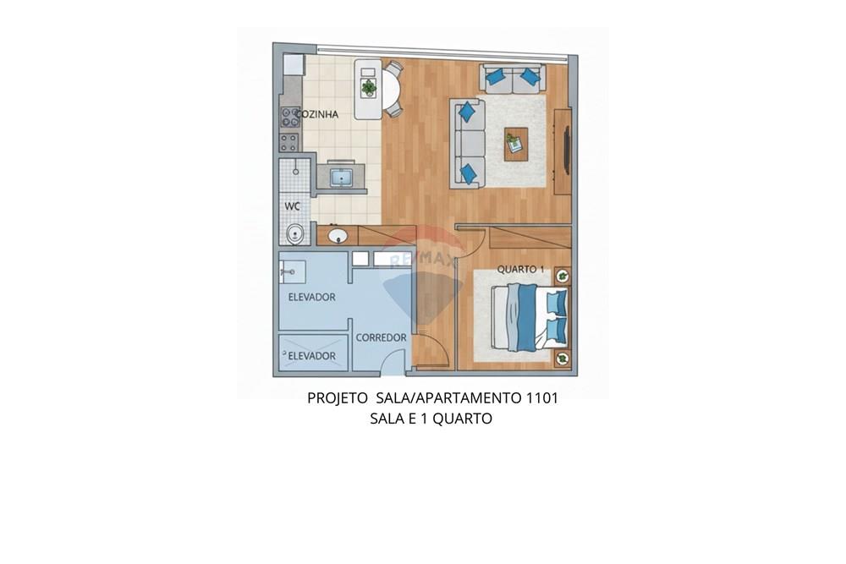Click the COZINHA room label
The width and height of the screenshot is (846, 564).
click(316, 114)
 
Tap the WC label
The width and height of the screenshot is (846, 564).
click(292, 206)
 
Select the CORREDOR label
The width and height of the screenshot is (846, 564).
click(381, 338)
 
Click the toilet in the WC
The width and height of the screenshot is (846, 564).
click(294, 234)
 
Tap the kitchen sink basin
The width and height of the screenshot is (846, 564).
click(341, 178)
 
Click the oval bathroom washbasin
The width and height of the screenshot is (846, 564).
click(338, 236)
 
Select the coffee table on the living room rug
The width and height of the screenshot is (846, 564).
click(516, 144)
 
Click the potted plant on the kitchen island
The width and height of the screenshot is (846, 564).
click(369, 87)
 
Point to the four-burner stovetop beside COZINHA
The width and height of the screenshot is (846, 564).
click(288, 118)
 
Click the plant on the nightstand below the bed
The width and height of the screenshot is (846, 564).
click(563, 358)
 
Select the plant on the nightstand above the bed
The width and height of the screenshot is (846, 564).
click(563, 277)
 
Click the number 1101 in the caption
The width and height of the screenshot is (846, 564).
click(541, 398)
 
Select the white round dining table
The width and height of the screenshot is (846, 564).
click(392, 90)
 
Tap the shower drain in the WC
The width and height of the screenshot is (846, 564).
click(295, 172)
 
